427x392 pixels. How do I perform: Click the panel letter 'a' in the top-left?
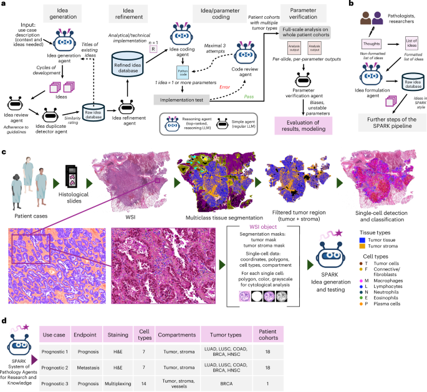pos(3,5)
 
